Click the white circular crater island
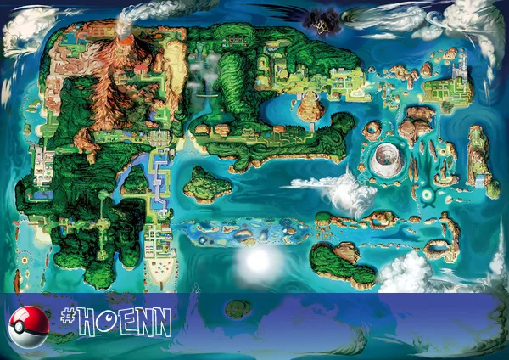[x=388, y=157]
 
